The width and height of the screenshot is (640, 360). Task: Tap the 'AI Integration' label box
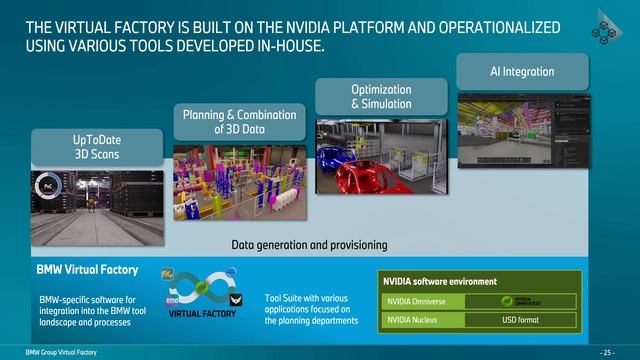pyautogui.click(x=520, y=72)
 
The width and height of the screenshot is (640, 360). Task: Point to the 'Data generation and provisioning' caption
pyautogui.click(x=309, y=245)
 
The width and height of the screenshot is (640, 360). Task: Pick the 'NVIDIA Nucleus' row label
pyautogui.click(x=417, y=321)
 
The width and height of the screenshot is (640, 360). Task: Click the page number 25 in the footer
pyautogui.click(x=605, y=353)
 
